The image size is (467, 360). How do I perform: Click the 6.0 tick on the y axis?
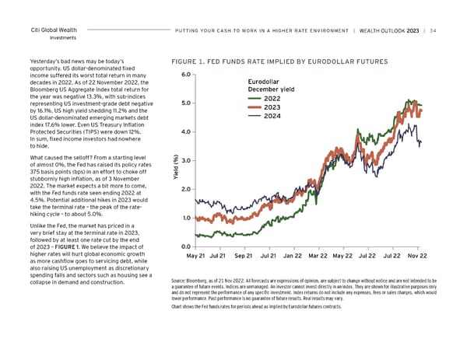click(184, 75)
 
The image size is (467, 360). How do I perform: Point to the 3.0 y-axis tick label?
click(184, 161)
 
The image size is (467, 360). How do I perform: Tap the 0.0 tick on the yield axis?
click(184, 247)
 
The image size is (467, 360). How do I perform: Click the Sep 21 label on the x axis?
click(244, 256)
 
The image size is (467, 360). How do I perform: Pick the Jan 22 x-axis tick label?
click(293, 256)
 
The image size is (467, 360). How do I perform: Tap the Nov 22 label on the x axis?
click(418, 256)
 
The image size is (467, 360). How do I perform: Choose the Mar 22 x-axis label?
click(318, 256)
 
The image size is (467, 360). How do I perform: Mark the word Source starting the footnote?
click(180, 281)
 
